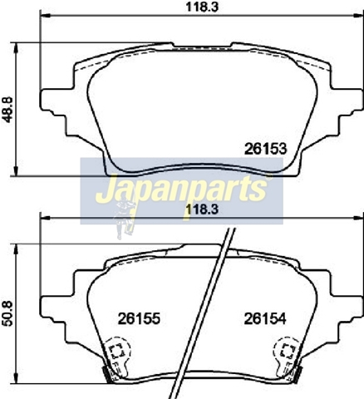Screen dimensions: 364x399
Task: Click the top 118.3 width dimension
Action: (x=202, y=7)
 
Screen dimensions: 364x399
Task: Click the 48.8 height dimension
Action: (x=8, y=110)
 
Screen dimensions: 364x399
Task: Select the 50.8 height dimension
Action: (x=7, y=313)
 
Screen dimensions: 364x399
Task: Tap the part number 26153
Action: (x=265, y=149)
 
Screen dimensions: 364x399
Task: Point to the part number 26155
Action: (x=139, y=318)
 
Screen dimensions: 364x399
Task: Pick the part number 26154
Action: (x=265, y=318)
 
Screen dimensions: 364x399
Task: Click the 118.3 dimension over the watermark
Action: (x=202, y=209)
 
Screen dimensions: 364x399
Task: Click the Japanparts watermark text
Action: (x=180, y=189)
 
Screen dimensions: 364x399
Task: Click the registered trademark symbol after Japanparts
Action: (x=269, y=178)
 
